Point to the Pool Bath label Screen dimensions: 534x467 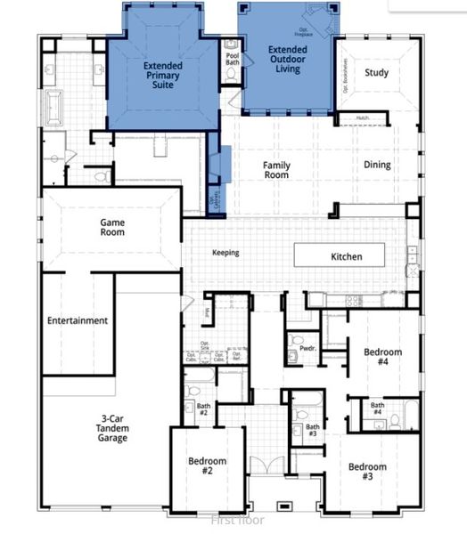pyautogui.click(x=233, y=58)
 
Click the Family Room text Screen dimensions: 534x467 pyautogui.click(x=276, y=170)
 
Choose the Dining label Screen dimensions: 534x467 pyautogui.click(x=377, y=165)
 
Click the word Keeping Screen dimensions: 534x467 pyautogui.click(x=225, y=253)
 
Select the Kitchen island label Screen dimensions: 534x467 pyautogui.click(x=347, y=256)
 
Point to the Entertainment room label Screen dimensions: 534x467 pyautogui.click(x=78, y=320)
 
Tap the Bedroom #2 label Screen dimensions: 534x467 pyautogui.click(x=207, y=466)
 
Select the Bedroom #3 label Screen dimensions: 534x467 pyautogui.click(x=367, y=473)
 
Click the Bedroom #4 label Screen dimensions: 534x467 pyautogui.click(x=383, y=357)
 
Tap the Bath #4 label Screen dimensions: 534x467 pyautogui.click(x=378, y=409)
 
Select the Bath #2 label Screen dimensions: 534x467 pyautogui.click(x=202, y=410)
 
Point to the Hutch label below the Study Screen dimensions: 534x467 pyautogui.click(x=362, y=117)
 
